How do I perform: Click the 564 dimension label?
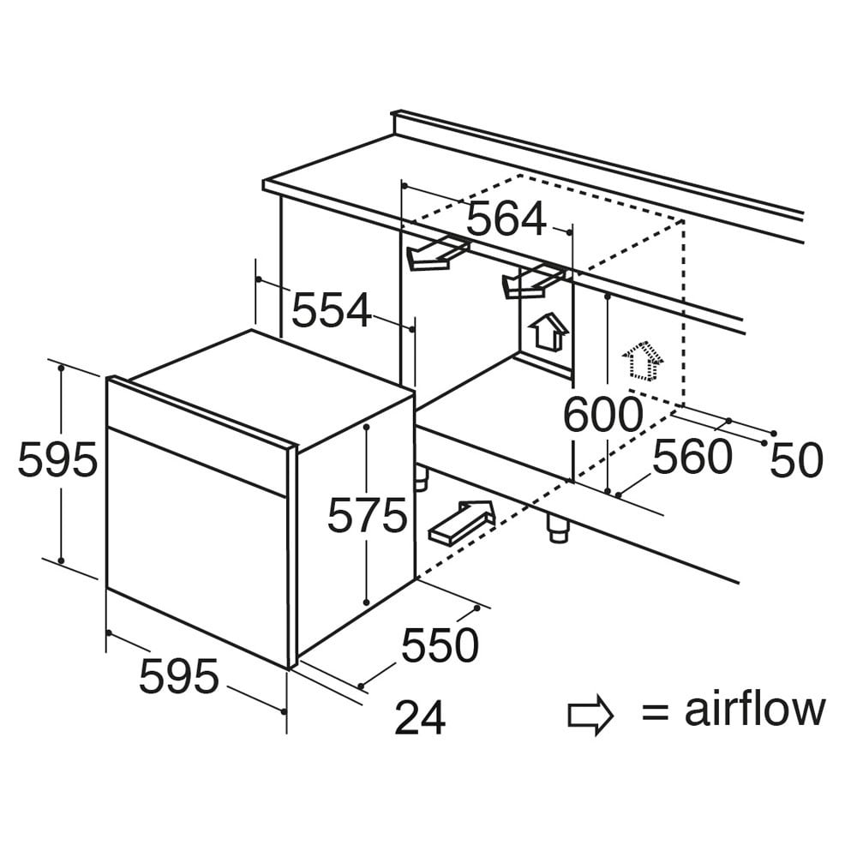(506, 219)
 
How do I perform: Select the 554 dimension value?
(331, 310)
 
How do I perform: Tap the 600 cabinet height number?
(602, 414)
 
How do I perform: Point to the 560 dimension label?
(692, 457)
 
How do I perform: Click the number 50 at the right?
(796, 459)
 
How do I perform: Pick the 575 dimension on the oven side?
(368, 515)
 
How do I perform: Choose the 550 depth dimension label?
(440, 645)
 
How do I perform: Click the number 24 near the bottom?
(420, 717)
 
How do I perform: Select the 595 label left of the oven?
(57, 459)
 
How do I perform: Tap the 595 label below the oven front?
(179, 677)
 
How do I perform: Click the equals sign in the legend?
(656, 713)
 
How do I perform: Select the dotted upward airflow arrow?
(643, 362)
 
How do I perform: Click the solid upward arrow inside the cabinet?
(548, 331)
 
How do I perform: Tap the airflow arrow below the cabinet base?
(463, 522)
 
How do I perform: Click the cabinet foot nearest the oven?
(420, 477)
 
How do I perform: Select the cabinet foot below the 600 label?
(558, 527)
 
